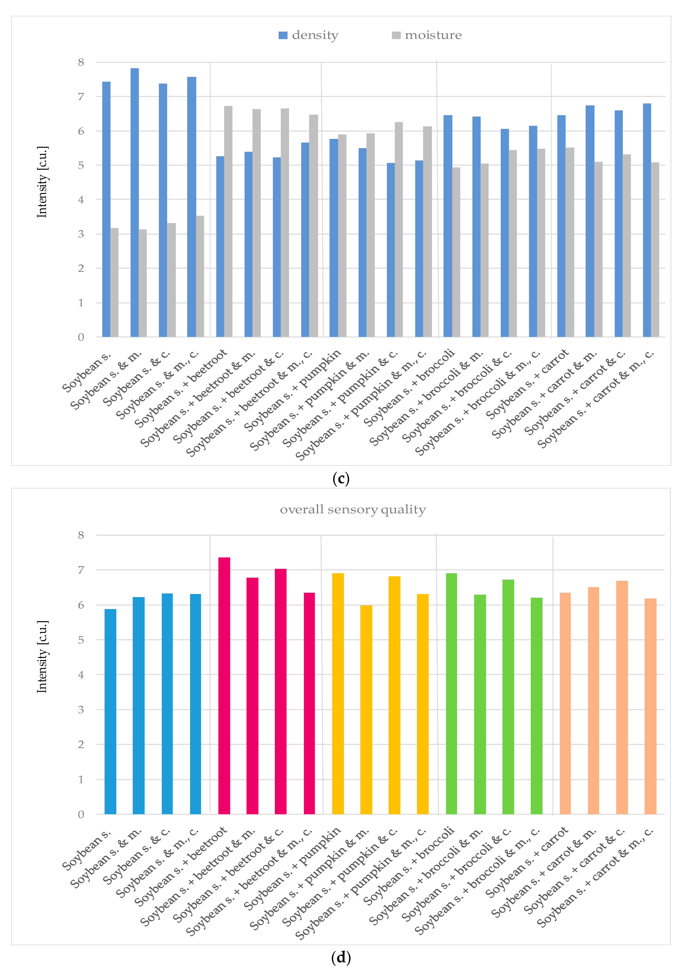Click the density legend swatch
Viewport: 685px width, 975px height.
point(283,35)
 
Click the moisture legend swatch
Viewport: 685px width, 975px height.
point(396,35)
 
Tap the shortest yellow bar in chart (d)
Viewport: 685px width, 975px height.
point(366,709)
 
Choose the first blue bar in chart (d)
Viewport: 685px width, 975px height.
point(110,711)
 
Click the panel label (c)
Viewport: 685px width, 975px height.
point(341,479)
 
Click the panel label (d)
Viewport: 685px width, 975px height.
point(341,957)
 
